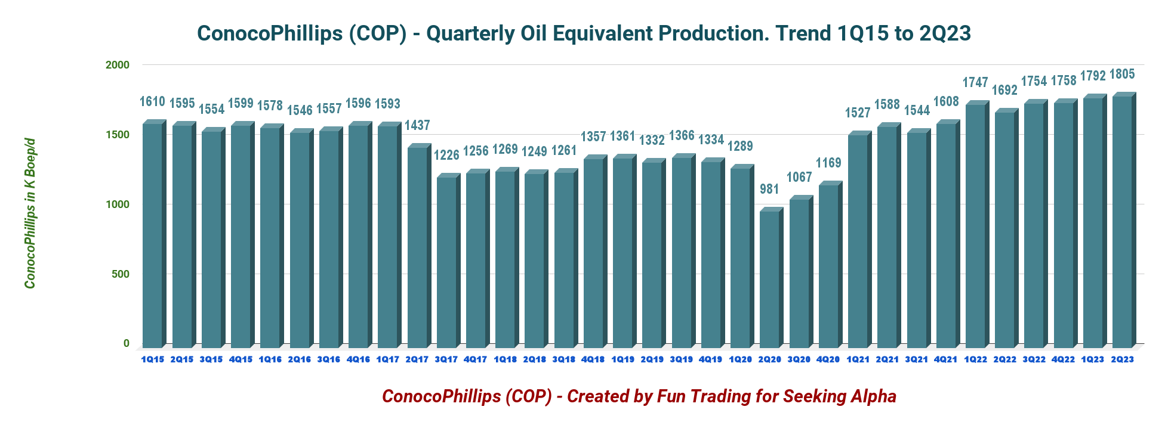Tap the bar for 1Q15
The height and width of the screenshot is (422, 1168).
(x=152, y=235)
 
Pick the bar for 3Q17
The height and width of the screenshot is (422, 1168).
(x=446, y=262)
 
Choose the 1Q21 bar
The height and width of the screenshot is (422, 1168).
(x=858, y=241)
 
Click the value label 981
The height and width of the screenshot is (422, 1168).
(x=769, y=189)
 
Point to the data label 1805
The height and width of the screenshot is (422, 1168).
(x=1122, y=75)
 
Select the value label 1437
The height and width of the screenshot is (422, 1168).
(x=417, y=125)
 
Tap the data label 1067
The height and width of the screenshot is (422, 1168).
(x=799, y=177)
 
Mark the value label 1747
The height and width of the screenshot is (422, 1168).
(x=975, y=82)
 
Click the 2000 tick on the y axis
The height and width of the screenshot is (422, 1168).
(x=118, y=65)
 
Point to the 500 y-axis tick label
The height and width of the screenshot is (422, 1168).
(x=120, y=274)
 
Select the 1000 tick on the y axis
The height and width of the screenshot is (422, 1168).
(x=118, y=204)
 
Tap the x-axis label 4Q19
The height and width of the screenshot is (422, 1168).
(x=710, y=359)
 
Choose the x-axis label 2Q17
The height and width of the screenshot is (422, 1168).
(x=417, y=359)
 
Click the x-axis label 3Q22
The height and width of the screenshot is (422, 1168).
(x=1034, y=359)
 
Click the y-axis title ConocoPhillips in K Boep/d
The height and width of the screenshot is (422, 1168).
(x=30, y=213)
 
